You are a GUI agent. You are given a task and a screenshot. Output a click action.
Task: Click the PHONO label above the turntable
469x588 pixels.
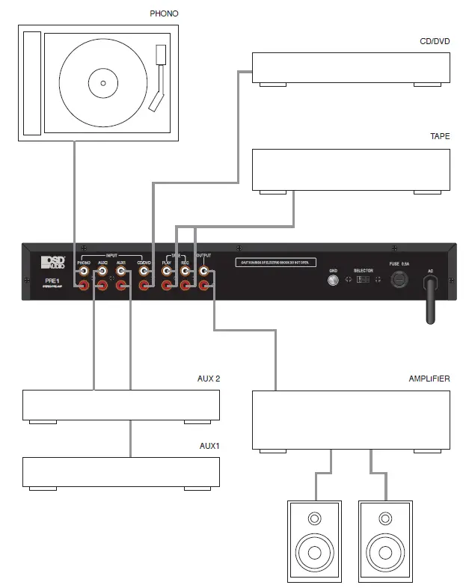164,13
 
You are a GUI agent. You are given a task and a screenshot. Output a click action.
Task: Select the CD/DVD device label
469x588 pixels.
435,42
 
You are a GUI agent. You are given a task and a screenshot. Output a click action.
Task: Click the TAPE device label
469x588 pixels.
440,138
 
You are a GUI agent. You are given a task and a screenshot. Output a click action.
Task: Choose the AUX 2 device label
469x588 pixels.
207,379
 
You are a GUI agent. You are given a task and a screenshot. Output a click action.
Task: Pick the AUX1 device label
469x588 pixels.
209,446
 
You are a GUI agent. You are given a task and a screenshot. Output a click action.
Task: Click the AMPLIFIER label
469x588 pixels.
429,379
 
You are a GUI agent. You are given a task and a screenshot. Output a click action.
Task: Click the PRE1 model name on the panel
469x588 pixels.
51,281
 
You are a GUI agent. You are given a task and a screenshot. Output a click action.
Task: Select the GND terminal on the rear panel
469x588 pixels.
334,281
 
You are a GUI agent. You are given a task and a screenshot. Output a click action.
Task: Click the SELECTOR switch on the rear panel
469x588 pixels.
363,280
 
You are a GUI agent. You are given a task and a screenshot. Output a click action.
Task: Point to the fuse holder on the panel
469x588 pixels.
399,281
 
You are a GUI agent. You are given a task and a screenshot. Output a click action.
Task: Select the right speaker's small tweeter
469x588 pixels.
385,518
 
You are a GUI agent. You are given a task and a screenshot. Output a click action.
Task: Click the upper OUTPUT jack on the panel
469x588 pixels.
203,272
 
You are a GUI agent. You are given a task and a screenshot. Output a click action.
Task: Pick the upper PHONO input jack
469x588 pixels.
83,272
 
